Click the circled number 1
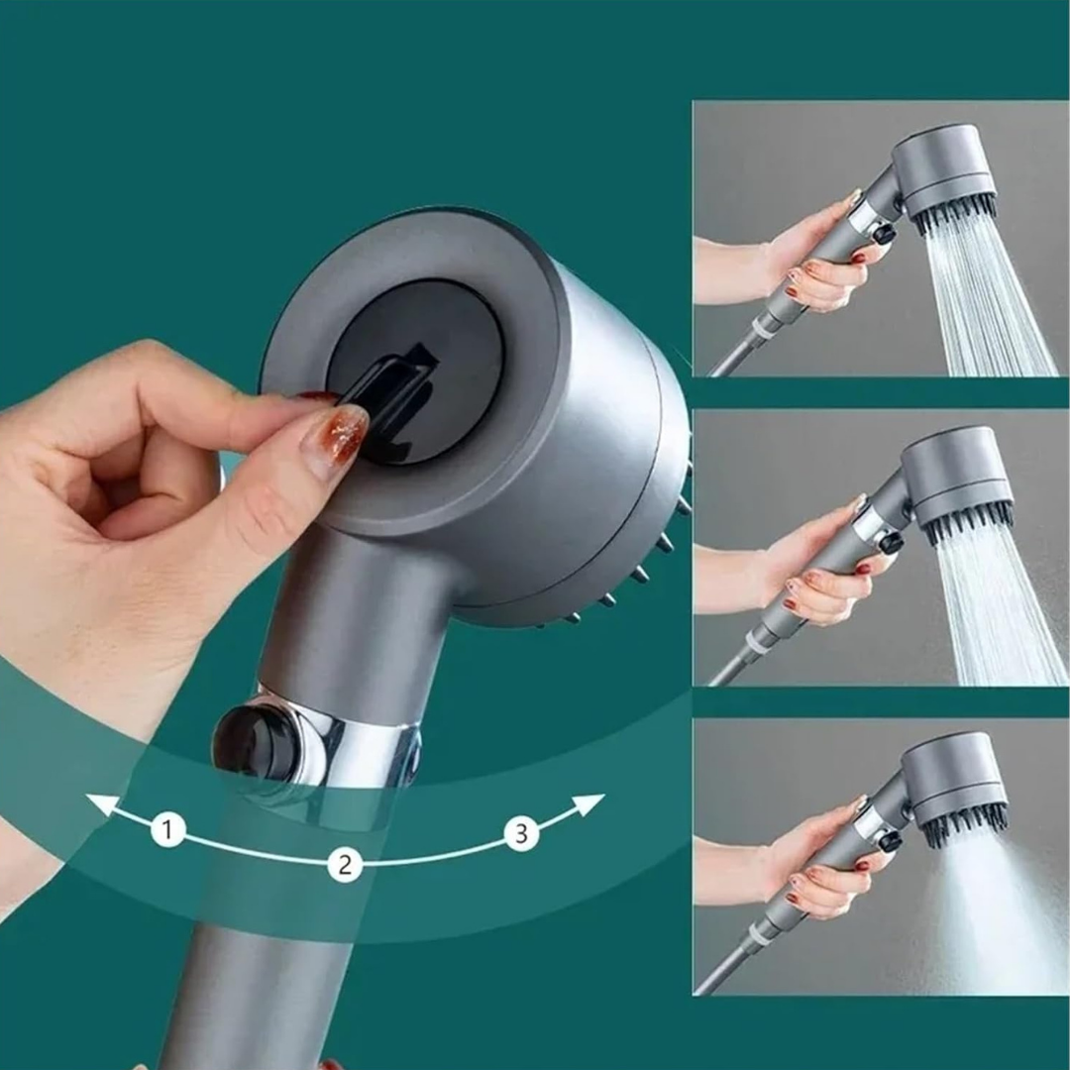pyautogui.click(x=168, y=829)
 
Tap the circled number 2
pyautogui.click(x=345, y=865)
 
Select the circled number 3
pyautogui.click(x=522, y=834)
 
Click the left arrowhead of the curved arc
pyautogui.click(x=99, y=803)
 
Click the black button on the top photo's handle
pyautogui.click(x=884, y=235)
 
